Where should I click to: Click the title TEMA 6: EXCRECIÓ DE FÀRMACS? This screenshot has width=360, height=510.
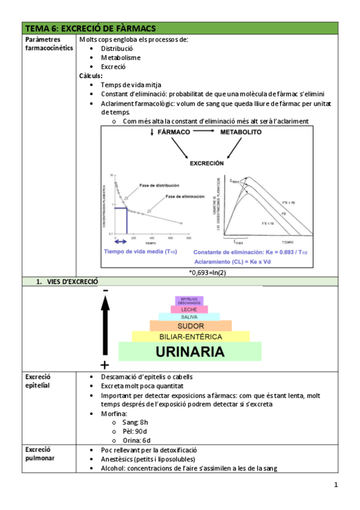[90, 28]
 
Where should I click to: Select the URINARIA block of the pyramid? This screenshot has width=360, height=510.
[190, 351]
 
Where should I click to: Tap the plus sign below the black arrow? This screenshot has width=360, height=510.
[105, 364]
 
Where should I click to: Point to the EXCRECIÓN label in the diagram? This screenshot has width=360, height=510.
[206, 162]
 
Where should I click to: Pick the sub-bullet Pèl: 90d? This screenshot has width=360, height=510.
[134, 431]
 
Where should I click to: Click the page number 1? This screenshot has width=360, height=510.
[337, 485]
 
